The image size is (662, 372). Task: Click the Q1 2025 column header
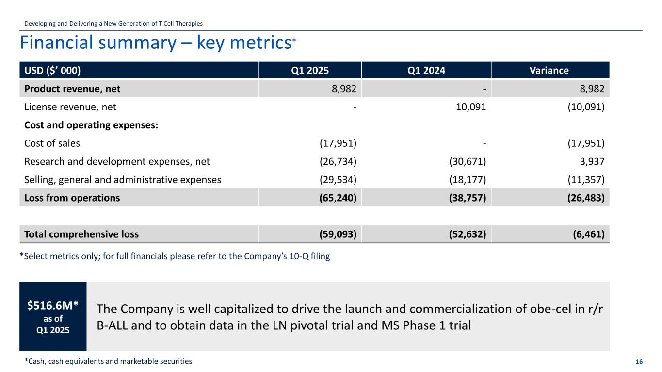pyautogui.click(x=310, y=70)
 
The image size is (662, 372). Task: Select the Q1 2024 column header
pyautogui.click(x=426, y=70)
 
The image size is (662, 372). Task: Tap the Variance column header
pyautogui.click(x=549, y=70)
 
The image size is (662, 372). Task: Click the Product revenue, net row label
pyautogui.click(x=72, y=89)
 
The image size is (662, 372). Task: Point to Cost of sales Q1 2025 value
pyautogui.click(x=338, y=143)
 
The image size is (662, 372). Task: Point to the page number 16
pyautogui.click(x=639, y=362)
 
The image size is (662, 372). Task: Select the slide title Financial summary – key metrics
pyautogui.click(x=155, y=43)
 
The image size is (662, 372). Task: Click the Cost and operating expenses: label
pyautogui.click(x=91, y=125)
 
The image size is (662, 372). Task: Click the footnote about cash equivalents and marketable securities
pyautogui.click(x=108, y=361)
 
